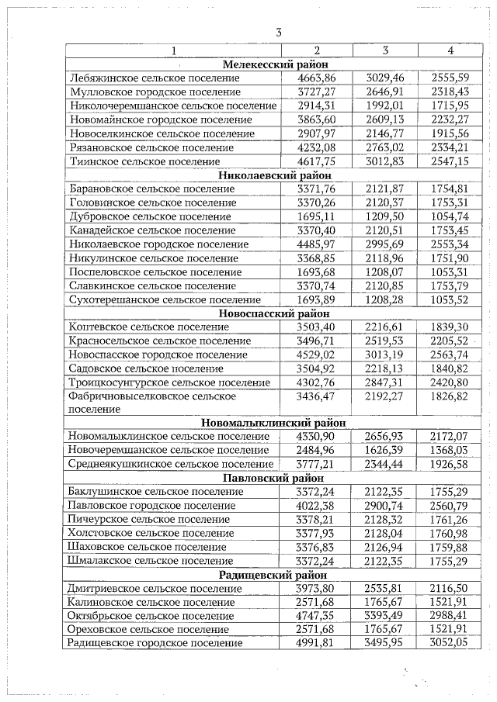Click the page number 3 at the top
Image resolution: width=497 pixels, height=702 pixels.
tap(277, 32)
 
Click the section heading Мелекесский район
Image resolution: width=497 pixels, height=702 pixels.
tap(275, 64)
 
